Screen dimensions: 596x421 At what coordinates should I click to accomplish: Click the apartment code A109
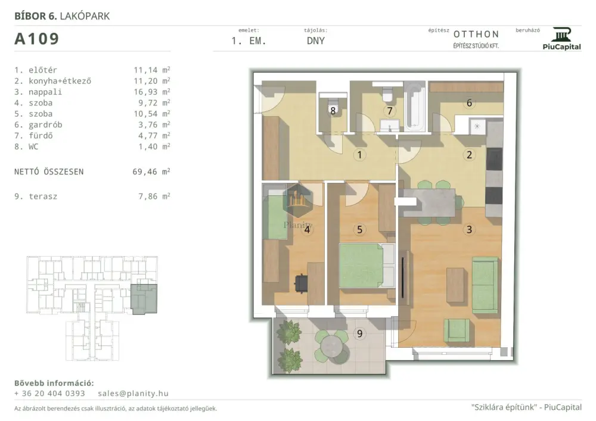pyautogui.click(x=36, y=39)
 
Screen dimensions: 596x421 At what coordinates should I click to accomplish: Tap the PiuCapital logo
pyautogui.click(x=562, y=39)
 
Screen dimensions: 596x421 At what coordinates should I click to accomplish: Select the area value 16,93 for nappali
pyautogui.click(x=145, y=92)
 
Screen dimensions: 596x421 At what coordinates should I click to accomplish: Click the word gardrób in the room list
pyautogui.click(x=45, y=125)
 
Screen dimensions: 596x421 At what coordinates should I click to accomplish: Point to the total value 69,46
pyautogui.click(x=144, y=171)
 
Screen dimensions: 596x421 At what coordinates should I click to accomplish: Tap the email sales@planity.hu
pyautogui.click(x=133, y=394)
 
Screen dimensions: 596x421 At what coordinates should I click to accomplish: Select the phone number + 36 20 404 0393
pyautogui.click(x=49, y=394)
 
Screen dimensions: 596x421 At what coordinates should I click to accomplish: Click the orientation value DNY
pyautogui.click(x=316, y=41)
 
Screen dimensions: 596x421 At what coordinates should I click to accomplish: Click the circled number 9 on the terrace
pyautogui.click(x=359, y=333)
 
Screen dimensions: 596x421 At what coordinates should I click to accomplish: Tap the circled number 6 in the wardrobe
pyautogui.click(x=469, y=103)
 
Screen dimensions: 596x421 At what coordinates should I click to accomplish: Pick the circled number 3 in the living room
pyautogui.click(x=469, y=229)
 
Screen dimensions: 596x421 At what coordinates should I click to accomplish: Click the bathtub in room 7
pyautogui.click(x=414, y=106)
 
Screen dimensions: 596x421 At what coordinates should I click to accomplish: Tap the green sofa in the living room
pyautogui.click(x=485, y=285)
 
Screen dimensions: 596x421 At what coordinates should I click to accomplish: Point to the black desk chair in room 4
pyautogui.click(x=301, y=283)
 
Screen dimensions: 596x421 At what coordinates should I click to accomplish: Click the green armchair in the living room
pyautogui.click(x=457, y=330)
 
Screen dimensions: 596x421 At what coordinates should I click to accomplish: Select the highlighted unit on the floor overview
pyautogui.click(x=144, y=299)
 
